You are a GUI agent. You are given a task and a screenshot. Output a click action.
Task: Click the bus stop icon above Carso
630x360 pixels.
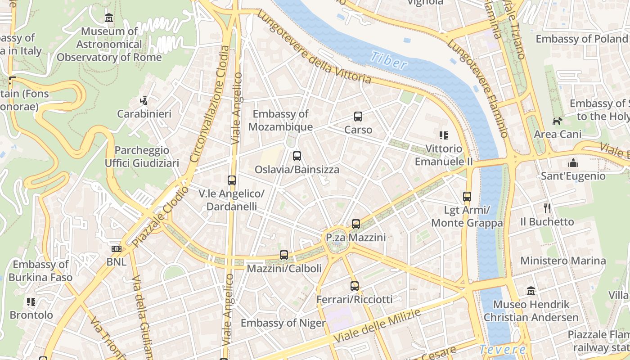coord(358,117)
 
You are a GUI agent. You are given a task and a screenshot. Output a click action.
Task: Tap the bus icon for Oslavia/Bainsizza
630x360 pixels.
coord(297,156)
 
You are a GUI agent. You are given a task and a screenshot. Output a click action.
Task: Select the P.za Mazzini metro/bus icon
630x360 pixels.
coord(356,224)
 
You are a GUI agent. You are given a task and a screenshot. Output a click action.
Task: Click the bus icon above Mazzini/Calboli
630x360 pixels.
coord(283,255)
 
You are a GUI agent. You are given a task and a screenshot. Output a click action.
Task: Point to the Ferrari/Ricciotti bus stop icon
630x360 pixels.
coord(355,286)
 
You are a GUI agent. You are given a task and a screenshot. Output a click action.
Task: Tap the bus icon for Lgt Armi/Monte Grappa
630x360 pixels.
coord(467,197)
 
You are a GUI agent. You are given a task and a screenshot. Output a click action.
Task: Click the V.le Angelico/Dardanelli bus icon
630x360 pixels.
coord(232,180)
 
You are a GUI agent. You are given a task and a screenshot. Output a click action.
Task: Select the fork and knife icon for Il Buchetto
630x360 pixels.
coord(547,208)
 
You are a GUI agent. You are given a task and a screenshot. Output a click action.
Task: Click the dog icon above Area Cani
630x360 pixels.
coord(558,121)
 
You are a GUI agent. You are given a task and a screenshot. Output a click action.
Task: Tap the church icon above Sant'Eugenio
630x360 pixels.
coord(573,162)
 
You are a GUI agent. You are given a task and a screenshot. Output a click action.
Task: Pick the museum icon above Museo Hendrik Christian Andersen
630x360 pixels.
coord(531,291)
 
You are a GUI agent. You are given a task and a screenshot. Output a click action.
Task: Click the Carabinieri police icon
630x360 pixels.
coord(144,100)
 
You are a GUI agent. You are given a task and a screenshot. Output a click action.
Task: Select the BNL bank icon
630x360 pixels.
coord(116,248)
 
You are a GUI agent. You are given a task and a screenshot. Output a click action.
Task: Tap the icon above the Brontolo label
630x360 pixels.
coord(31,301)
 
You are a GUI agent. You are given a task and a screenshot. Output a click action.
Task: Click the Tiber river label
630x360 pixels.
coord(389,61)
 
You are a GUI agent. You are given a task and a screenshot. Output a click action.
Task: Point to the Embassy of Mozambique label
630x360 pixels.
coord(280,120)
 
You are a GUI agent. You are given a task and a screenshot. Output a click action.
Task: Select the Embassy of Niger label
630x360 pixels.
coord(283,323)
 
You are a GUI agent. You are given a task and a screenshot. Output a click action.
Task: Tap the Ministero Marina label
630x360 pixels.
coord(563,261)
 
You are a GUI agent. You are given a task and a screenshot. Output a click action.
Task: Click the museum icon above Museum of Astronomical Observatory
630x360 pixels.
coord(108,18)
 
